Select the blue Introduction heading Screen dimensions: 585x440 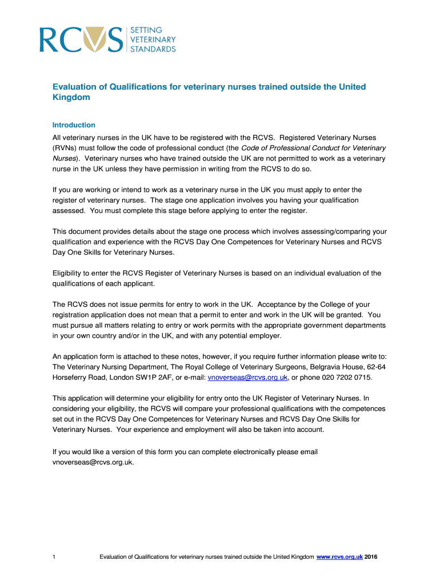pyautogui.click(x=74, y=125)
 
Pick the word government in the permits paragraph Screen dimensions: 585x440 pyautogui.click(x=315, y=325)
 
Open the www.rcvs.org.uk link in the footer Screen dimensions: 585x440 pyautogui.click(x=339, y=557)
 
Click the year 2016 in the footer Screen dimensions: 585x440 pyautogui.click(x=371, y=557)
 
